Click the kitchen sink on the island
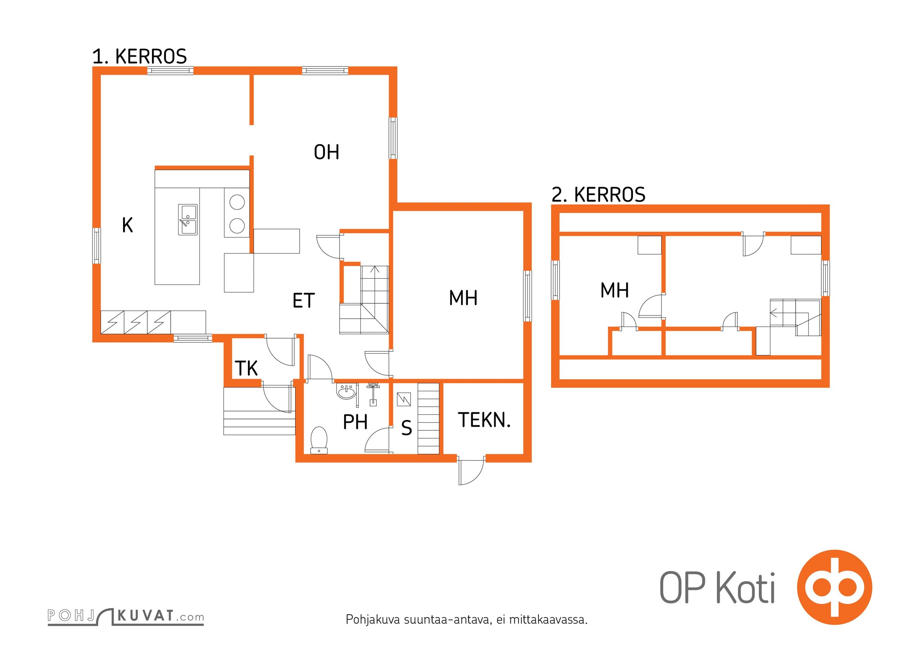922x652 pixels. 187,220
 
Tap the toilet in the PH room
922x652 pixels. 319,440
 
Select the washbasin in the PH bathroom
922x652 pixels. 346,392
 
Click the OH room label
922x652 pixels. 326,152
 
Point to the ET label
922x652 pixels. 304,301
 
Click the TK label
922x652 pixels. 246,368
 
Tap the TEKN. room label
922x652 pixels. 484,420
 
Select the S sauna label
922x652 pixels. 406,428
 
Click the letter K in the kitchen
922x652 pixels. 128,225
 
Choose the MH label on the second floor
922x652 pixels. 615,291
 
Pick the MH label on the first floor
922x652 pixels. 463,298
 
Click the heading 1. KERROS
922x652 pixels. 139,56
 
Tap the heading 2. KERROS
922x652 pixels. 598,195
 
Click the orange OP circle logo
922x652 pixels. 834,587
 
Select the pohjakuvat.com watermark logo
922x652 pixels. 126,617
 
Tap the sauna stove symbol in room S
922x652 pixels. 404,399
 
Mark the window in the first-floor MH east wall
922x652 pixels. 527,296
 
